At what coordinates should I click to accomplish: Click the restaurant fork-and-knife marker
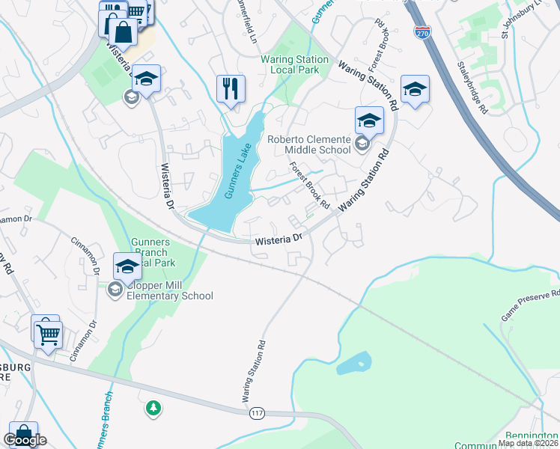pos(231,89)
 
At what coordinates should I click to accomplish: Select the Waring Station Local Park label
pos(294,65)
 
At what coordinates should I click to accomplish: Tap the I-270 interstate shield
pos(421,32)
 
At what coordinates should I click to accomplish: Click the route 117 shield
pos(258,413)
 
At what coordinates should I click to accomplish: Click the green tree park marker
pos(153,408)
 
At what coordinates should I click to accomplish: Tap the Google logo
pos(25,440)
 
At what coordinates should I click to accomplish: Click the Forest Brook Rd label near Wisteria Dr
pos(309,186)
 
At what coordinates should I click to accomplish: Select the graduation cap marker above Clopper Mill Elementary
pos(127,266)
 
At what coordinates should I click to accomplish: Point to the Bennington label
pos(528,436)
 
